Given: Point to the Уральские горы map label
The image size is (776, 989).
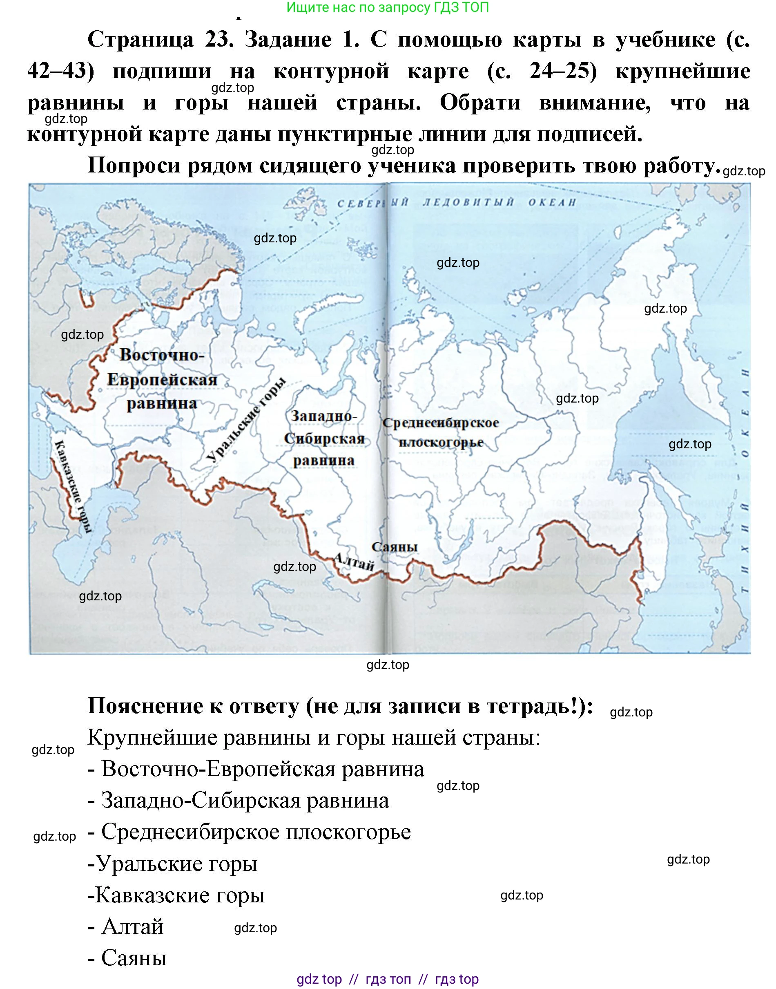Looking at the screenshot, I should [x=248, y=421].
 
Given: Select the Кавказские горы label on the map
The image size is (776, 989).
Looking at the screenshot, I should [x=73, y=486].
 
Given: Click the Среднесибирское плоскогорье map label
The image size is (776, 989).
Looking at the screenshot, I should [x=441, y=432].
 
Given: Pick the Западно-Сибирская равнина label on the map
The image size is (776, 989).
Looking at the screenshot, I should [x=324, y=438].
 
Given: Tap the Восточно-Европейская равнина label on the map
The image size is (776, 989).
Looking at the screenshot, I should [x=162, y=380].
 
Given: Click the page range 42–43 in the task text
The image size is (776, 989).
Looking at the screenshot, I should [x=60, y=72].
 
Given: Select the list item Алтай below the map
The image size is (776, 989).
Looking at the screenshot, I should [x=132, y=927].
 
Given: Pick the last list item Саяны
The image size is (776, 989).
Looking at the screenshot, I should [x=134, y=958].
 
